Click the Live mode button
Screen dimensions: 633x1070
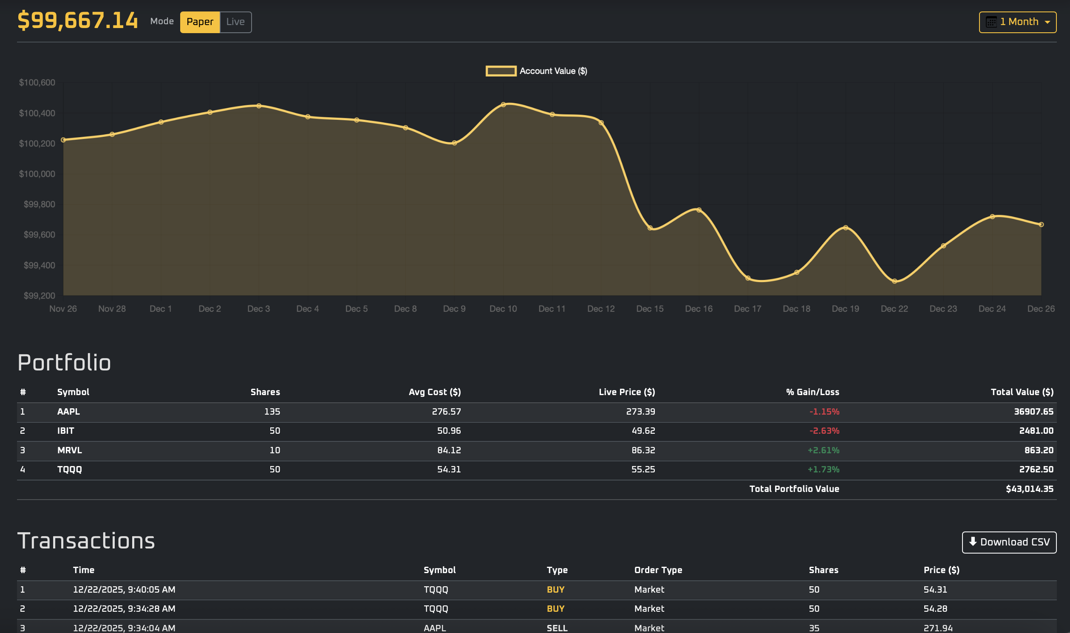point(235,22)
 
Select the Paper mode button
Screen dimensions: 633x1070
point(200,22)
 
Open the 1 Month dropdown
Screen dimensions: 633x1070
point(1017,22)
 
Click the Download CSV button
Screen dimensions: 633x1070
point(1008,542)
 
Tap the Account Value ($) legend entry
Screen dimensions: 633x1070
point(536,71)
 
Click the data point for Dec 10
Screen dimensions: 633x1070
point(503,105)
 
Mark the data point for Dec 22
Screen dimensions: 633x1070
point(894,281)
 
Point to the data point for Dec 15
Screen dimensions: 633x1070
point(650,228)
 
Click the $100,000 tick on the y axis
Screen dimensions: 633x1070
point(37,174)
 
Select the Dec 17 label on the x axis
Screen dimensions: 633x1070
point(747,308)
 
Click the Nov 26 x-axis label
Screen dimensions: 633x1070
point(63,308)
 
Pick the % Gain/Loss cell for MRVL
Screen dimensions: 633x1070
point(823,450)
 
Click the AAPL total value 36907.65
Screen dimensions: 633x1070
point(1033,411)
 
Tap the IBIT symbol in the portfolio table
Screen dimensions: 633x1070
point(66,430)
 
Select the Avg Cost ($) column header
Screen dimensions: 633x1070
point(434,392)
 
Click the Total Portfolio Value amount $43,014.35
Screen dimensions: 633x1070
point(1029,489)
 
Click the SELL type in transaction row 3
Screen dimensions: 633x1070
point(557,627)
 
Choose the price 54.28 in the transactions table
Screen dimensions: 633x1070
point(935,608)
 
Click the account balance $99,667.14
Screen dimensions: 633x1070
point(78,20)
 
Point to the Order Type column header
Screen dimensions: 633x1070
point(658,569)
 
